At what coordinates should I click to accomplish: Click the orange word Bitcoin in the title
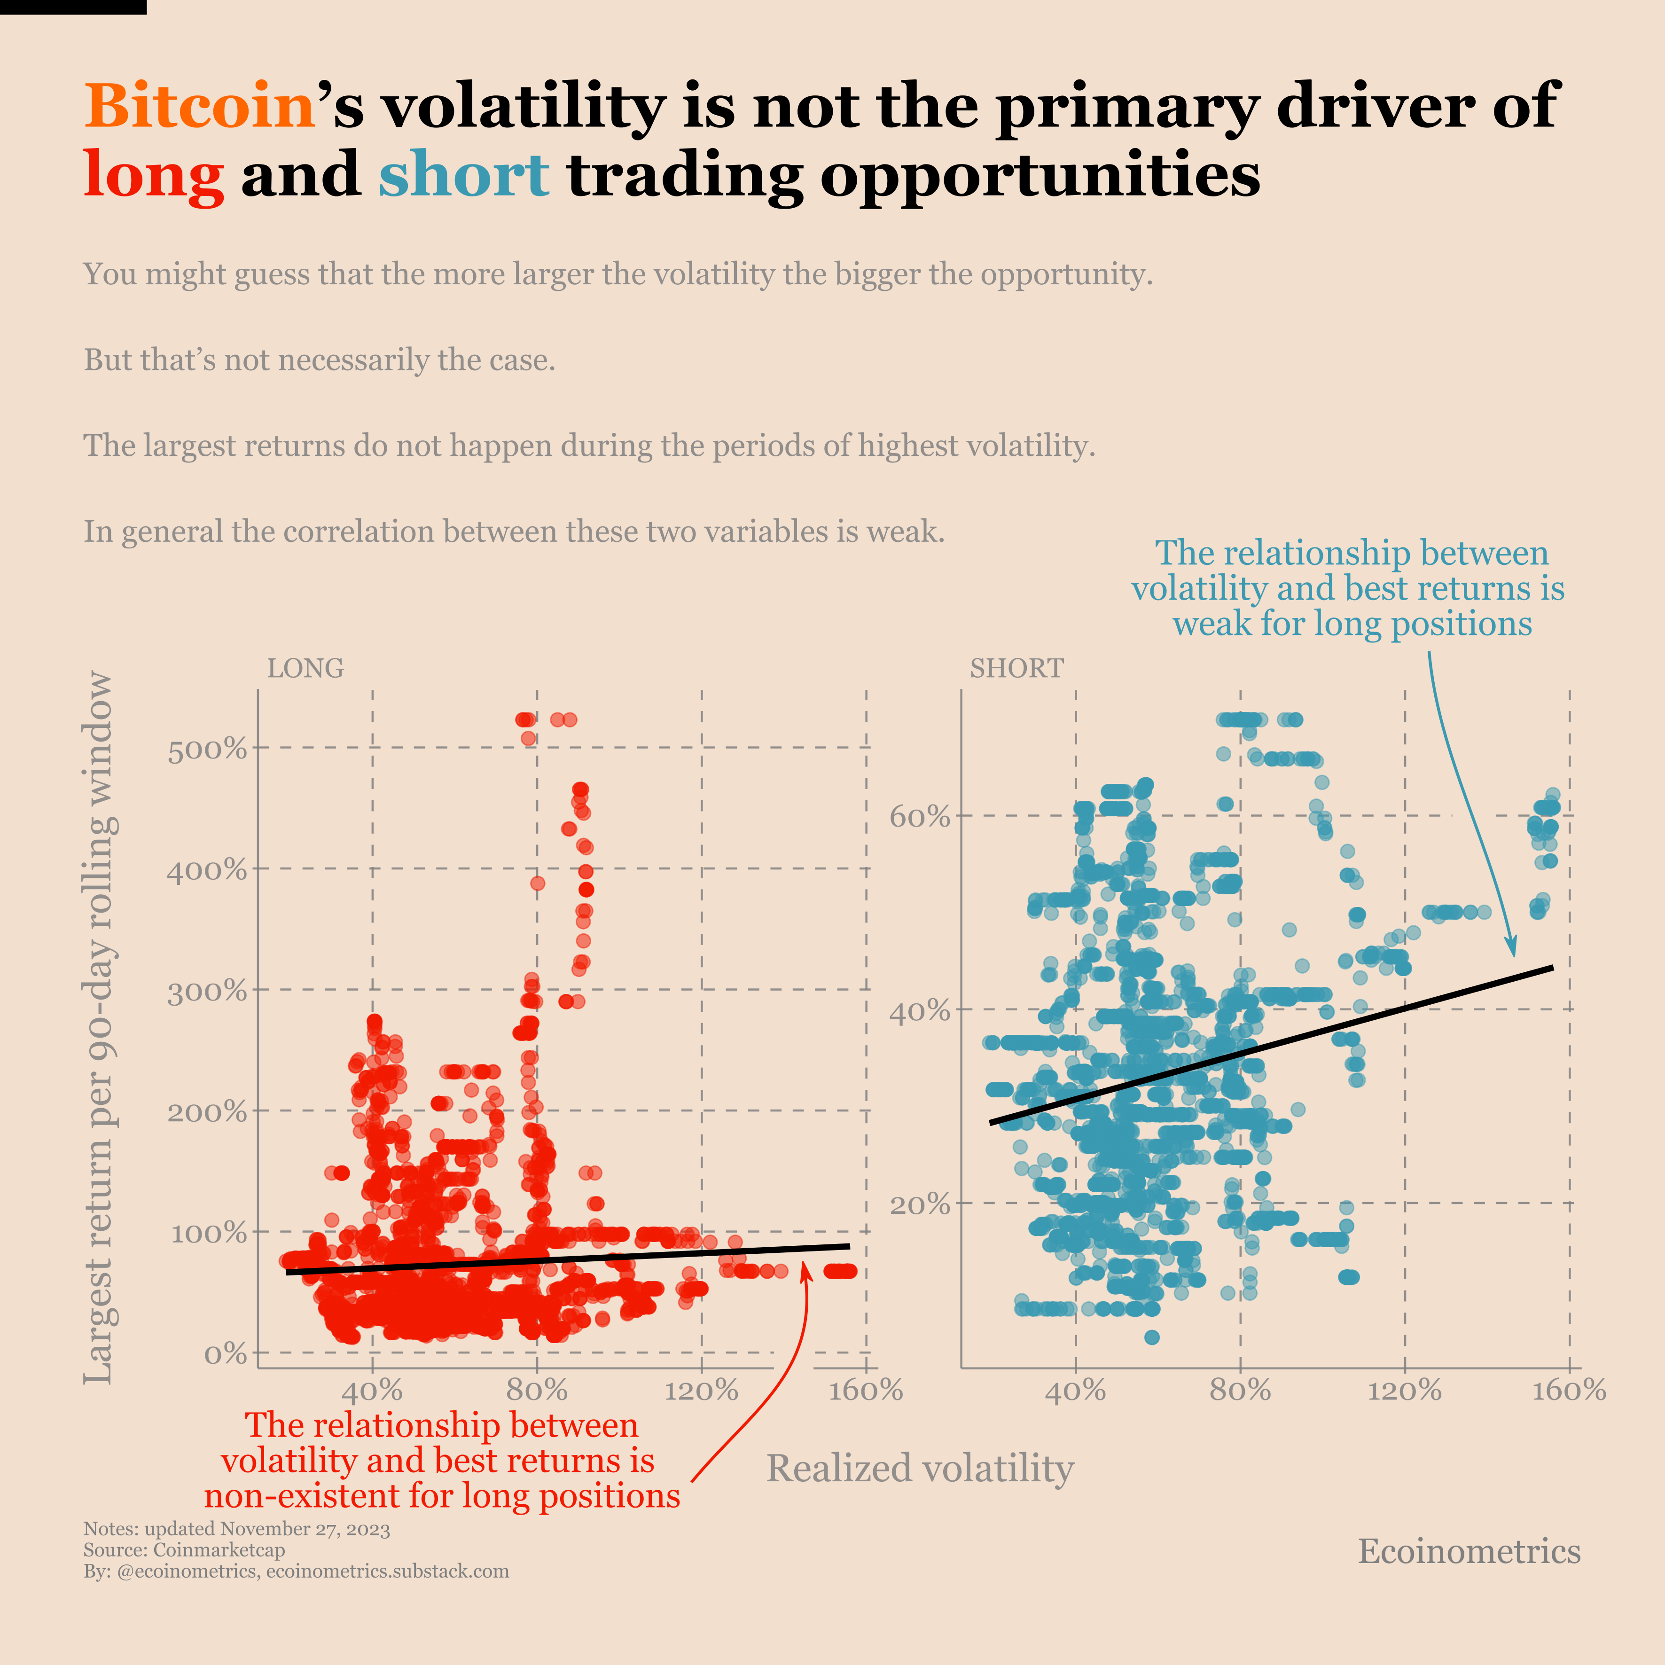tap(199, 106)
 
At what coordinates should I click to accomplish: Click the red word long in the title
tap(153, 175)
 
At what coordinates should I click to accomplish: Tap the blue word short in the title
tap(464, 175)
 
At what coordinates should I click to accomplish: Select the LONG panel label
tap(305, 669)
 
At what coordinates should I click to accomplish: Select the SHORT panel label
tap(1017, 669)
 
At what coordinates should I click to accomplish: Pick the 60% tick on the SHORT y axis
tap(920, 817)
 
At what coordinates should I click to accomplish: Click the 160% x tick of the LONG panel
tap(865, 1390)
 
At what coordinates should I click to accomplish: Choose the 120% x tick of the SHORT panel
tap(1405, 1390)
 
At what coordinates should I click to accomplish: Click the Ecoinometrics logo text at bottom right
tap(1470, 1551)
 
